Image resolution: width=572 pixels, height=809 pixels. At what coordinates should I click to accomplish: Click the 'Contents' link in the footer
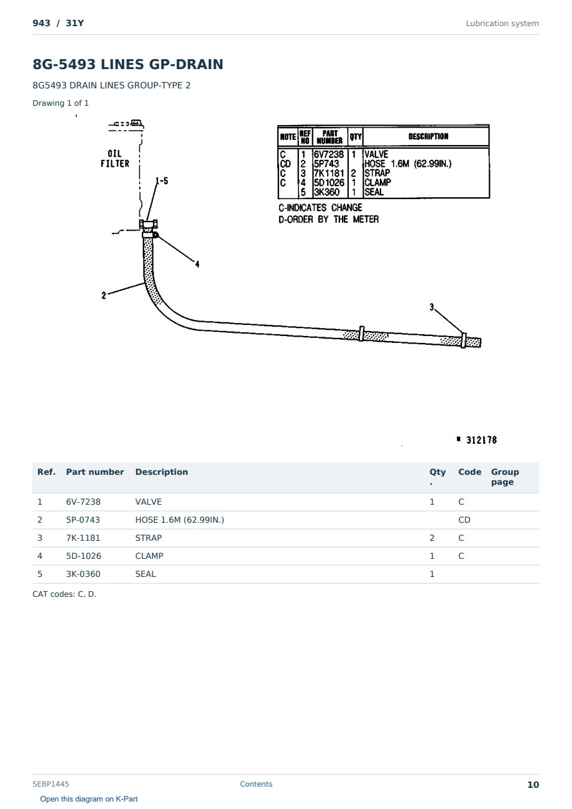click(x=256, y=783)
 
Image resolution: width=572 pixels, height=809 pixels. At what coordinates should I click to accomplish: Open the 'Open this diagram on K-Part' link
click(x=89, y=798)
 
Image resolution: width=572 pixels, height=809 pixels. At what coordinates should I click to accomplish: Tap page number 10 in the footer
click(x=533, y=785)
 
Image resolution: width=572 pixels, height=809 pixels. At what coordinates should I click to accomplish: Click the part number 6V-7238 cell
click(x=83, y=502)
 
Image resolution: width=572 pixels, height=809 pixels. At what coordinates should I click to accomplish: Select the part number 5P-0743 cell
click(x=83, y=520)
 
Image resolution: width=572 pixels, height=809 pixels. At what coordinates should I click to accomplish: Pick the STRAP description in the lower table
click(x=149, y=538)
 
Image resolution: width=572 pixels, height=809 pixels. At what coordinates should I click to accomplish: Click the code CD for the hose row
click(x=464, y=520)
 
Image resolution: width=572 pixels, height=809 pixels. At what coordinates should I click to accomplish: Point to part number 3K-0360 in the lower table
click(x=83, y=574)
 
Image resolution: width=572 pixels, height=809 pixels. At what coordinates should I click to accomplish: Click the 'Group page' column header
click(x=505, y=477)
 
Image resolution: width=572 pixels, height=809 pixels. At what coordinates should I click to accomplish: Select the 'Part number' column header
click(x=95, y=472)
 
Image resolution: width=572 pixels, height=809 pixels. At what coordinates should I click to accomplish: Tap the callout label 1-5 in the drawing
click(x=162, y=181)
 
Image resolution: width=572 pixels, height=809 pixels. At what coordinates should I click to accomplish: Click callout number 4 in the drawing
click(x=197, y=264)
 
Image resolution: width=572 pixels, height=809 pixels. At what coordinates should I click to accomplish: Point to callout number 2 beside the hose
click(x=104, y=296)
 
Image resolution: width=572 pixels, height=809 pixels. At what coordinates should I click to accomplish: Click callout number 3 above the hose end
click(x=432, y=307)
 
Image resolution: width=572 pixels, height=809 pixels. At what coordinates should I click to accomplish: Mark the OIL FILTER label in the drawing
click(x=115, y=159)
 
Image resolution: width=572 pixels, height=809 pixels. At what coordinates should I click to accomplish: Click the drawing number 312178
click(x=481, y=440)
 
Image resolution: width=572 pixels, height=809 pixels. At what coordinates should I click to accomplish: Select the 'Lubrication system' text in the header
click(x=502, y=24)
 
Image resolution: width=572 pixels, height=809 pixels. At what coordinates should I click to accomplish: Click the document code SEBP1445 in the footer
click(x=50, y=783)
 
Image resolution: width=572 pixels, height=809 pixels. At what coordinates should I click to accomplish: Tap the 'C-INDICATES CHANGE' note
click(x=320, y=208)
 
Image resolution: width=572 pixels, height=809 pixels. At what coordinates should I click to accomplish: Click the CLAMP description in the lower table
click(x=149, y=556)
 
